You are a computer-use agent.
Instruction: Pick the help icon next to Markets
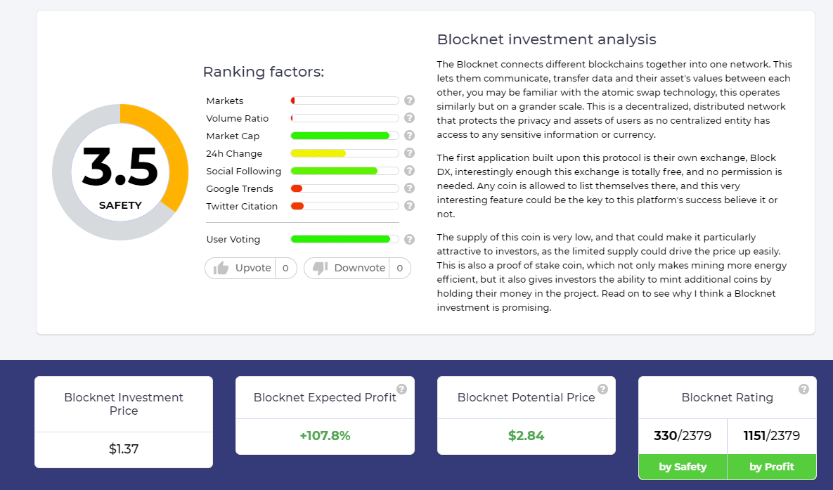[x=409, y=101]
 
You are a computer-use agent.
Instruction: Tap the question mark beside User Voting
[x=409, y=239]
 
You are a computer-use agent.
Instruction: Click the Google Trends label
[x=240, y=188]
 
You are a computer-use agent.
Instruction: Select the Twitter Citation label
[x=242, y=206]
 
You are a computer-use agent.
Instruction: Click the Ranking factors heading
[x=264, y=72]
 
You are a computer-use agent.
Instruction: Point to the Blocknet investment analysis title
[x=547, y=39]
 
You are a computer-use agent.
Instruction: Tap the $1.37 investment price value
[x=124, y=449]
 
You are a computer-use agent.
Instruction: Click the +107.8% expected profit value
[x=325, y=436]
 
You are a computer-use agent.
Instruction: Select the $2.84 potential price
[x=526, y=436]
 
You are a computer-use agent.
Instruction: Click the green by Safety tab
[x=683, y=467]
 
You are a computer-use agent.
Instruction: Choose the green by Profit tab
[x=771, y=467]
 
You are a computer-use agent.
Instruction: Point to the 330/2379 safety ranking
[x=683, y=436]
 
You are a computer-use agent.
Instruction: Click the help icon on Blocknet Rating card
[x=803, y=389]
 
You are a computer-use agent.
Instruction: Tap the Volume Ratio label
[x=238, y=118]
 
